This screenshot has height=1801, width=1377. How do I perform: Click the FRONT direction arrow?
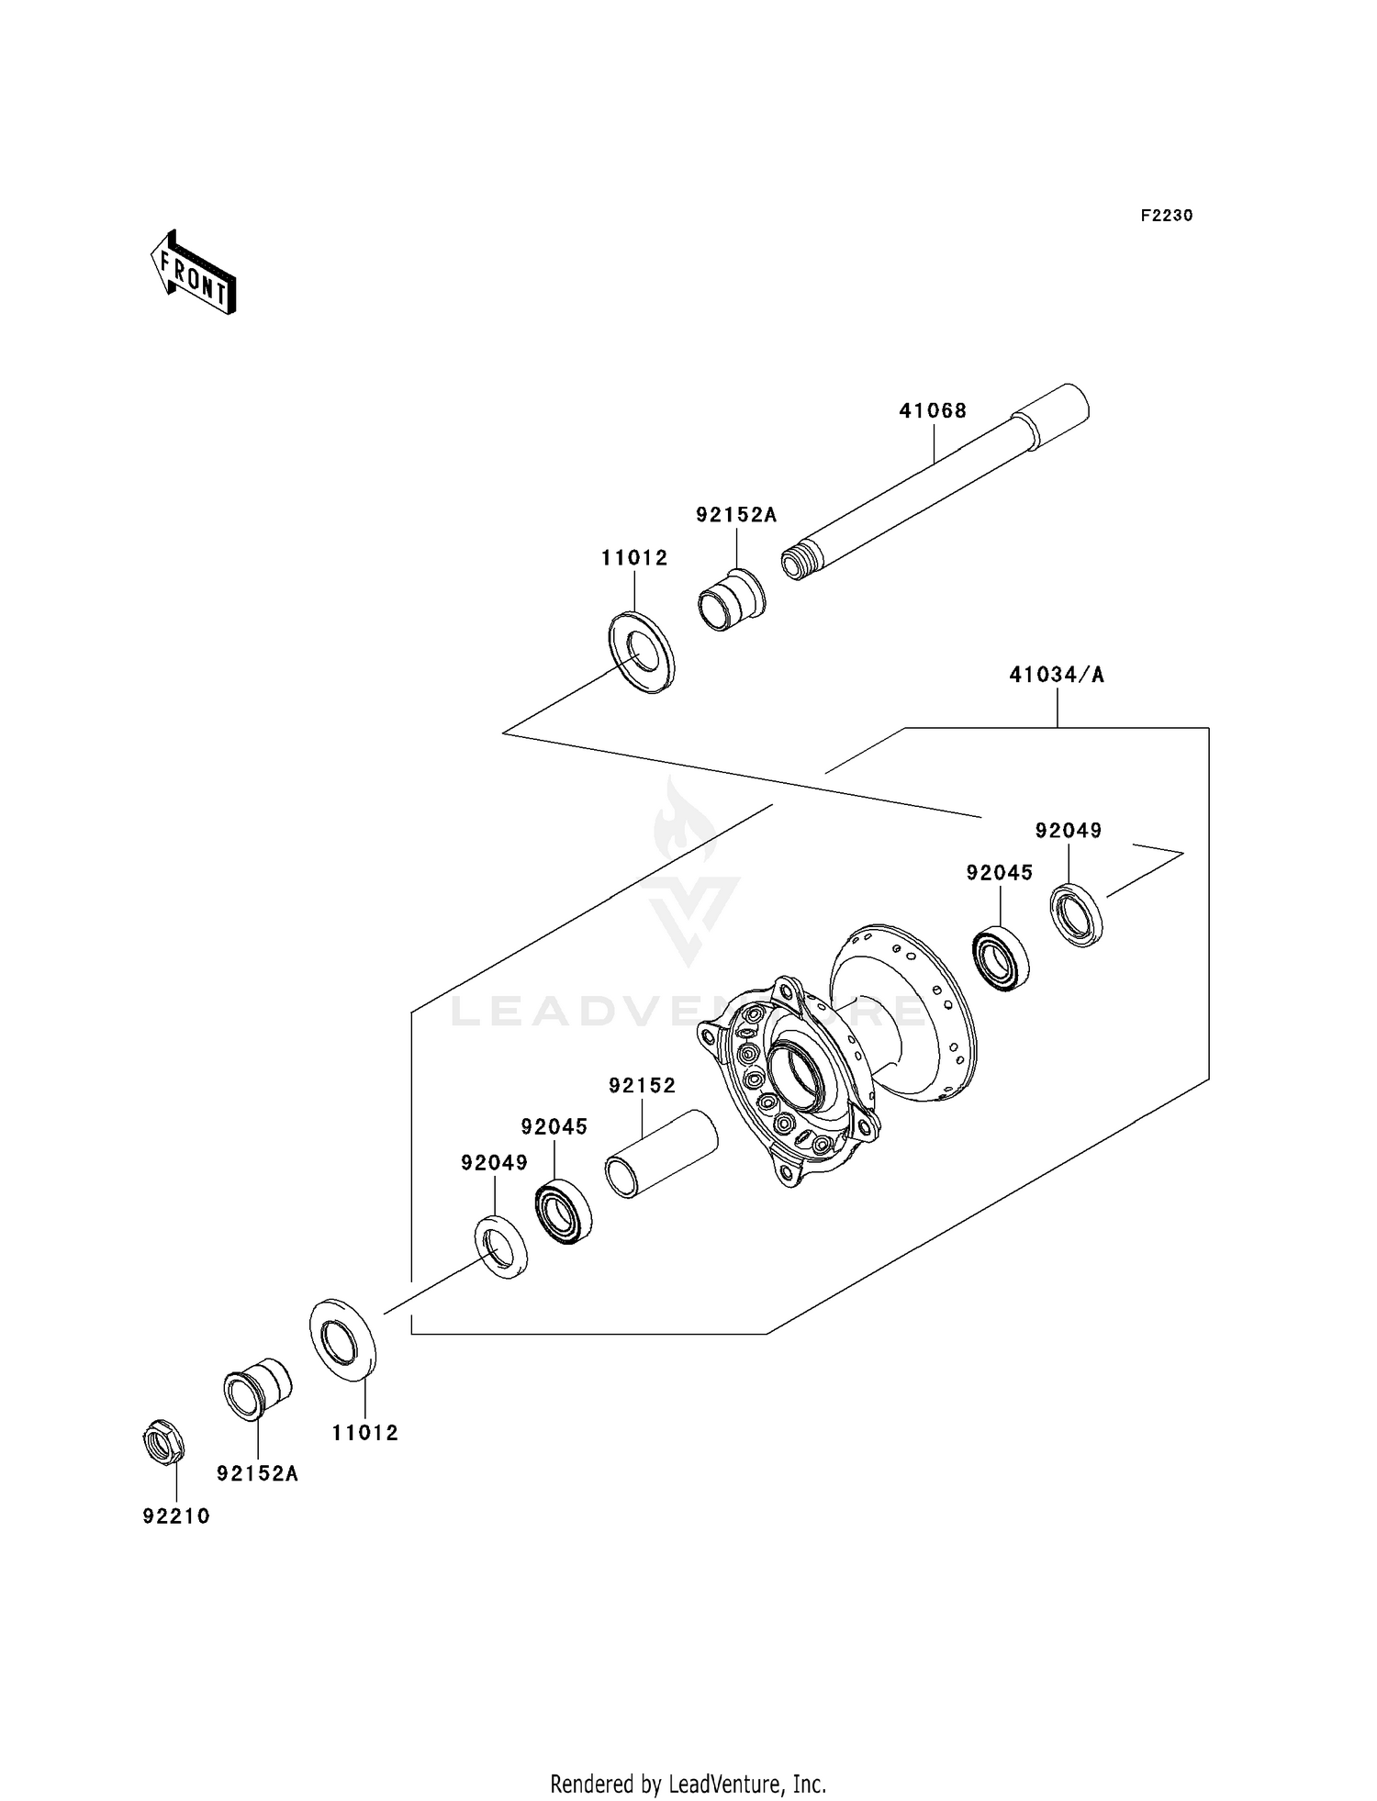click(194, 274)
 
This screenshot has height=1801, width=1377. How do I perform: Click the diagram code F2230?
click(1166, 216)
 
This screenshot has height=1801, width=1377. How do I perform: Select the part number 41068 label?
click(932, 410)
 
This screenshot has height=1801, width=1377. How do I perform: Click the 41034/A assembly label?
click(1056, 676)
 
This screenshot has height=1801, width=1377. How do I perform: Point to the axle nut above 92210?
click(164, 1442)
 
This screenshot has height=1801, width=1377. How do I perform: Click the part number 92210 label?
click(176, 1516)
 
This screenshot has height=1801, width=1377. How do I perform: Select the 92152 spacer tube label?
click(642, 1086)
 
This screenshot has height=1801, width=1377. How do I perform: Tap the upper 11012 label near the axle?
click(634, 558)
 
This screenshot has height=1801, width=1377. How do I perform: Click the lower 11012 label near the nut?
click(364, 1433)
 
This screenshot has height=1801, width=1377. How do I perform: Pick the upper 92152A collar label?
click(735, 515)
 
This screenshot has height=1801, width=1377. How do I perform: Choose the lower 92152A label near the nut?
click(257, 1473)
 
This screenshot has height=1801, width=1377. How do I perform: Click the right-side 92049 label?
click(1068, 831)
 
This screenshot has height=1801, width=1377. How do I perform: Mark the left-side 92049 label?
click(494, 1163)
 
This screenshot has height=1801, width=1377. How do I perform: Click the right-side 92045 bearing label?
click(999, 873)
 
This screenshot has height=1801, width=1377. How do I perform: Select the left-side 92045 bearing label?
click(554, 1126)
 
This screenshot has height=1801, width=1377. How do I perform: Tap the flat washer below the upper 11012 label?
click(642, 652)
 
